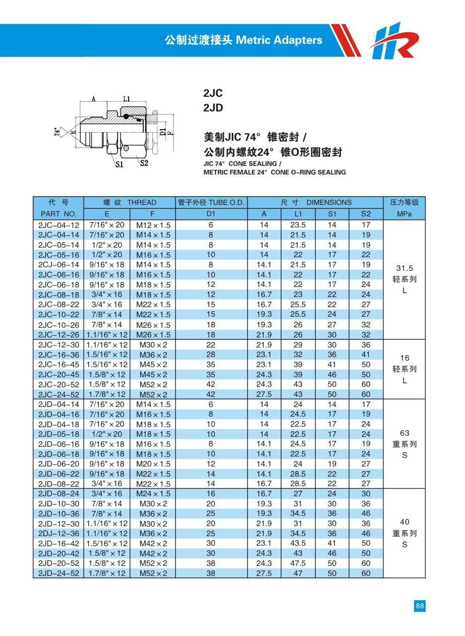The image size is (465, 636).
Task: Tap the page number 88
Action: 420,606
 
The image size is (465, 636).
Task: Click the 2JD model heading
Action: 213,108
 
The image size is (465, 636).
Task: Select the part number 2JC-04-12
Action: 59,225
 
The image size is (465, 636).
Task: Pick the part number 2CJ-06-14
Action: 59,265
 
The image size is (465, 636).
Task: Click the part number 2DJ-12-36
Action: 59,534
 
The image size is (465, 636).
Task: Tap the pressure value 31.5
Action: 404,268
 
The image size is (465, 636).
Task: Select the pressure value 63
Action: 404,433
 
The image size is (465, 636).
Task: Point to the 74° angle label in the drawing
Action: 56,132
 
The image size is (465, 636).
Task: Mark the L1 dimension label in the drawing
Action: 126,99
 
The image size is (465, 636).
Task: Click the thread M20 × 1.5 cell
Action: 153,464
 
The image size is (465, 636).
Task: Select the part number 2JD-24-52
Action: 59,573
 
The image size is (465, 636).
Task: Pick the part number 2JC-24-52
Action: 59,394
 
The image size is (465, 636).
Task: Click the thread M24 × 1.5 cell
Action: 153,494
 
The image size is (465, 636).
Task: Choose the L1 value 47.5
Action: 298,563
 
